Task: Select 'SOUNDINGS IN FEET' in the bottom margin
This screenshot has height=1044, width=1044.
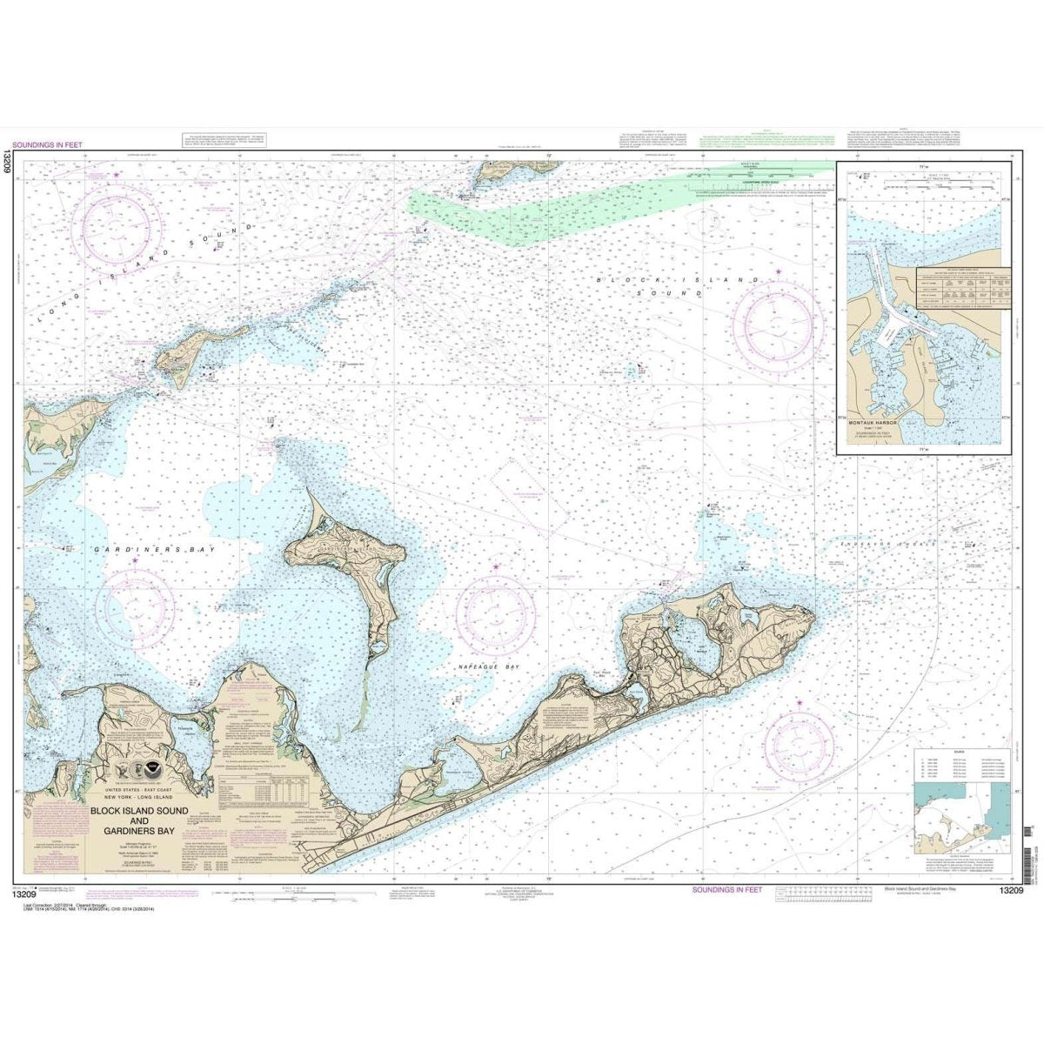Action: point(739,890)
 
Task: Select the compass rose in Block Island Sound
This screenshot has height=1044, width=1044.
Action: point(778,313)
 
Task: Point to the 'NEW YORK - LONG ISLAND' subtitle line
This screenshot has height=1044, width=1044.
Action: point(134,798)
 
